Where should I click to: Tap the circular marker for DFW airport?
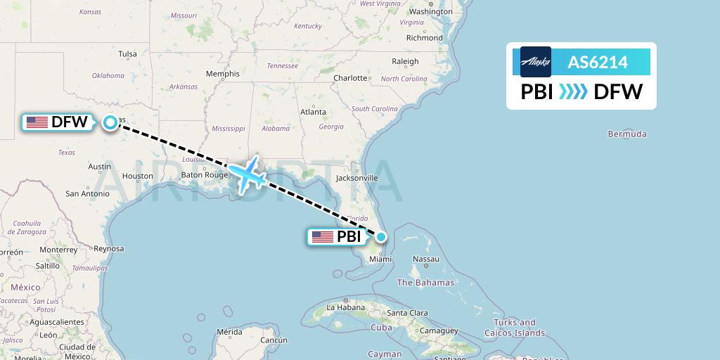(110, 123)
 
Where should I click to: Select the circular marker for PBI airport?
(380, 237)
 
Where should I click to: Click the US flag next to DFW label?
(37, 122)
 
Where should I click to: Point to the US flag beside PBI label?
(323, 237)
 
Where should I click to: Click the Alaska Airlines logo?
(536, 62)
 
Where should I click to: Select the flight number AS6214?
(598, 62)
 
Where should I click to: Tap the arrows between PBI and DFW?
(572, 92)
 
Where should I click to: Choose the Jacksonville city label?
(356, 178)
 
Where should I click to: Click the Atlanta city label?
(313, 112)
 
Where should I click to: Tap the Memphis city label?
(222, 74)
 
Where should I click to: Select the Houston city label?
(137, 176)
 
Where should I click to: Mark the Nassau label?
(426, 259)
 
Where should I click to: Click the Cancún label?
(274, 340)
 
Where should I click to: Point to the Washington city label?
(430, 12)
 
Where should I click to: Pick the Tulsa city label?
(127, 53)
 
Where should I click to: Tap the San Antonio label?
(87, 193)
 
